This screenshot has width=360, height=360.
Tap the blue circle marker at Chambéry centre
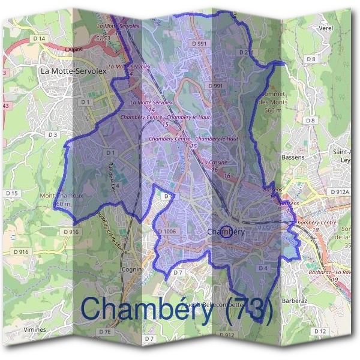pos(226,232)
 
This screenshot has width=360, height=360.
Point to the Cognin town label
pos(131,270)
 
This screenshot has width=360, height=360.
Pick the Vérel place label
pos(310,28)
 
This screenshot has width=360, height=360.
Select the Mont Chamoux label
pos(61,199)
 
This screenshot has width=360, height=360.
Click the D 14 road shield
pos(40,38)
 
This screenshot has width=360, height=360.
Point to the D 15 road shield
pos(12,193)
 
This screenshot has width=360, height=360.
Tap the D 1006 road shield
pos(167,231)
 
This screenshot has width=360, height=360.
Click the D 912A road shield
pos(339,192)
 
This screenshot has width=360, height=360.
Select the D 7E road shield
pos(106,332)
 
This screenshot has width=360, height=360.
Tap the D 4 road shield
pos(263,268)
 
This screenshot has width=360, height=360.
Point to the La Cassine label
pos(214,163)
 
